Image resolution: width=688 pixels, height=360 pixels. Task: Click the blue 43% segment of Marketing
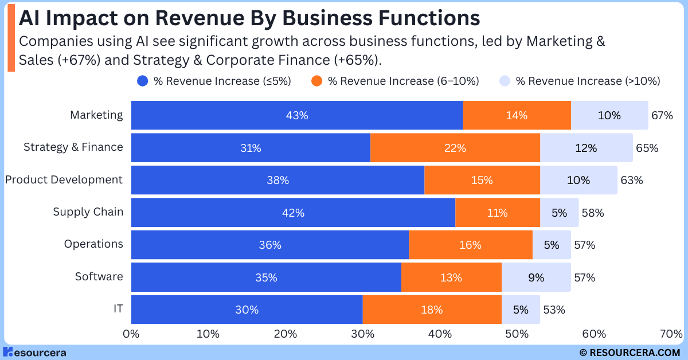pyautogui.click(x=297, y=115)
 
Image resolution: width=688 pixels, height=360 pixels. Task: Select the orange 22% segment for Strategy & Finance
pyautogui.click(x=455, y=148)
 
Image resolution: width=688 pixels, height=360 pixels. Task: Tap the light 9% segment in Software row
pyautogui.click(x=536, y=278)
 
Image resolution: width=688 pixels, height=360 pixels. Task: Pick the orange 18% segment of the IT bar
pyautogui.click(x=432, y=310)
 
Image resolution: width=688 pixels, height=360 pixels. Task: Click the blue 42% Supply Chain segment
pyautogui.click(x=293, y=213)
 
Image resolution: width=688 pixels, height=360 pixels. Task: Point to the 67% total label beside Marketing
pyautogui.click(x=662, y=115)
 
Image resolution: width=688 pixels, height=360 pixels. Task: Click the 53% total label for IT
pyautogui.click(x=554, y=310)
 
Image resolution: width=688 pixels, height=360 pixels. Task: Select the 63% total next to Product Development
pyautogui.click(x=631, y=180)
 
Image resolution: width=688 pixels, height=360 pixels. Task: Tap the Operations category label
pyautogui.click(x=93, y=244)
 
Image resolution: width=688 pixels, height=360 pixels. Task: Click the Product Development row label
pyautogui.click(x=64, y=180)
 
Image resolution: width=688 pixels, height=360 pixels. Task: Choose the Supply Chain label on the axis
pyautogui.click(x=88, y=212)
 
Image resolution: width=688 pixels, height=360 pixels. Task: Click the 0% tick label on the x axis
pyautogui.click(x=131, y=334)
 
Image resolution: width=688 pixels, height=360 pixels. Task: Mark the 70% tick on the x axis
pyautogui.click(x=671, y=334)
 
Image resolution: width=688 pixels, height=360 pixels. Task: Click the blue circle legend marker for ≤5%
pyautogui.click(x=143, y=81)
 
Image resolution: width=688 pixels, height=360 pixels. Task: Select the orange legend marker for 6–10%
pyautogui.click(x=316, y=81)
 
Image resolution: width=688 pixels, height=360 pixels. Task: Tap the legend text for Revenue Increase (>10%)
pyautogui.click(x=588, y=81)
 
